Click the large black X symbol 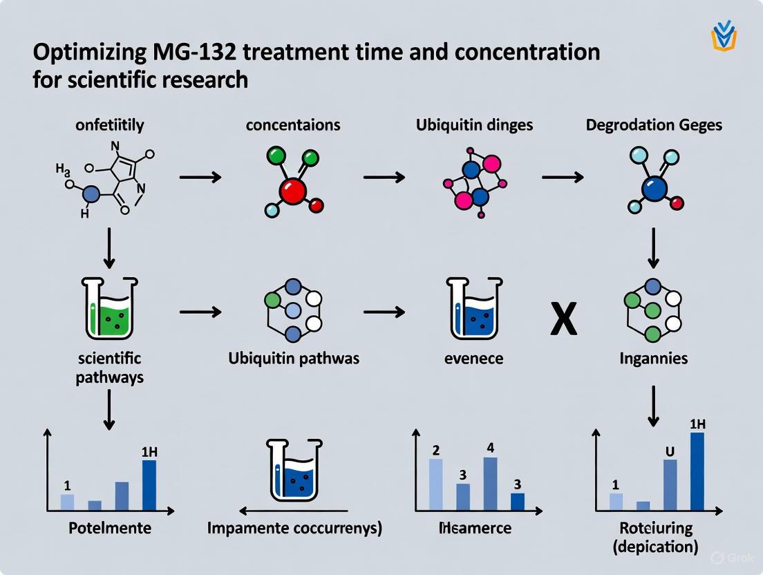click(563, 321)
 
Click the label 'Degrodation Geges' click(654, 125)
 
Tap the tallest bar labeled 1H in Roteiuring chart click(697, 471)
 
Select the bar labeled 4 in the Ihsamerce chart click(490, 484)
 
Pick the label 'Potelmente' click(110, 528)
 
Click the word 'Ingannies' click(654, 359)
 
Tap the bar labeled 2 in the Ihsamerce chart click(436, 484)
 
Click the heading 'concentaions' click(292, 125)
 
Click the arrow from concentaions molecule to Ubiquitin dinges click(384, 178)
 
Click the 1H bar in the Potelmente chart click(149, 485)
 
